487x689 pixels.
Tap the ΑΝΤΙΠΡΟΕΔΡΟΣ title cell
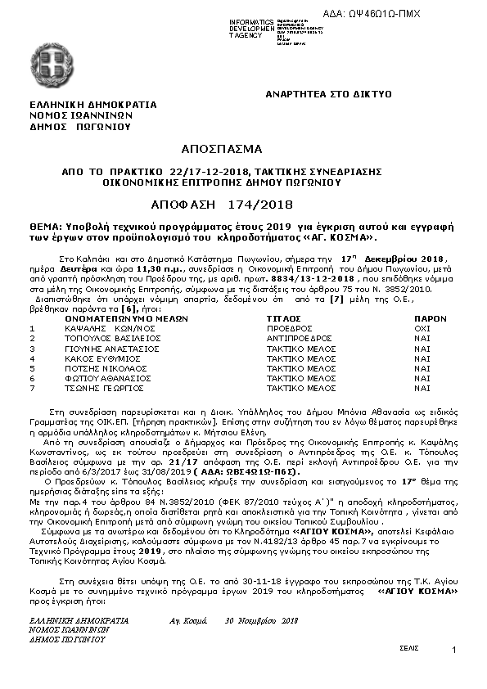pyautogui.click(x=300, y=338)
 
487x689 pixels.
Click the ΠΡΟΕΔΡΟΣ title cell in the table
pyautogui.click(x=286, y=328)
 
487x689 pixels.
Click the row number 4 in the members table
pyautogui.click(x=32, y=358)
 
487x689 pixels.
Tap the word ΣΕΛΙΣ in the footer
pyautogui.click(x=409, y=646)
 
